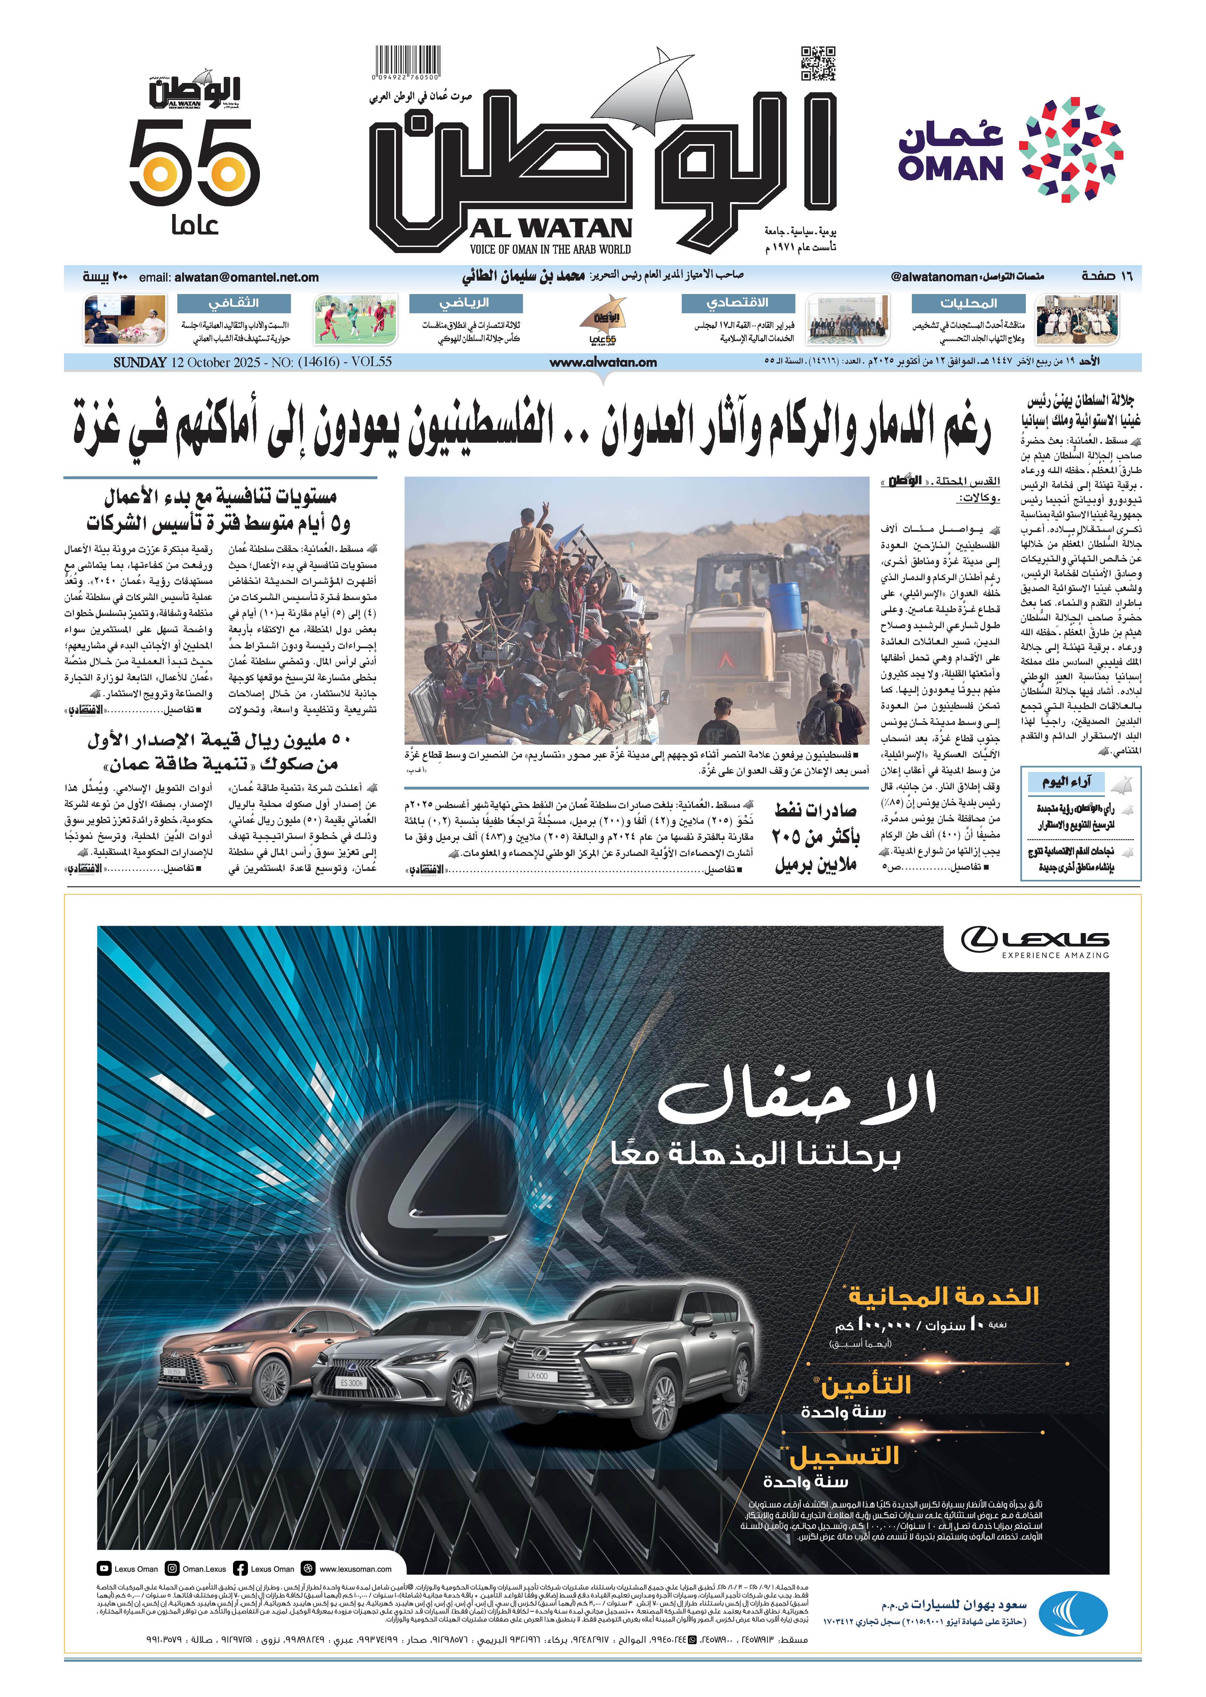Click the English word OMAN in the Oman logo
(x=951, y=168)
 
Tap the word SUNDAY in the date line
(x=140, y=363)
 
